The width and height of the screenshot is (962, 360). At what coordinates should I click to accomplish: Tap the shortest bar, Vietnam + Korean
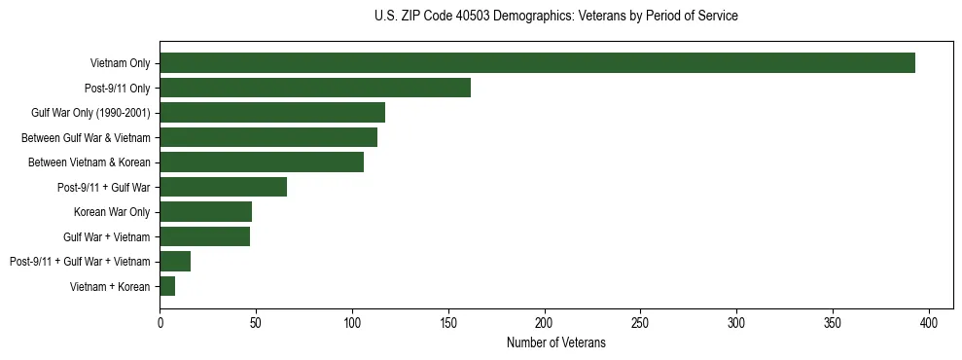coord(167,286)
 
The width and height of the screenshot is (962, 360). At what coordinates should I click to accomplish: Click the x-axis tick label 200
coord(545,322)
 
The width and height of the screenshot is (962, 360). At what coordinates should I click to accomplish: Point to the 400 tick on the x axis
coord(929,322)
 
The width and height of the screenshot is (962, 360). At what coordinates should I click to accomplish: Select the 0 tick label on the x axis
coord(160,322)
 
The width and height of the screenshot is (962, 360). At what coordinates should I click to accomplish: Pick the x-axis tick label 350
coord(833,322)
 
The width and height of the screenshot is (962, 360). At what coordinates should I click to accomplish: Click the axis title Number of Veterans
coord(555,342)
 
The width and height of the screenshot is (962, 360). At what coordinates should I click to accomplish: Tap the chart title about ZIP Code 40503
coord(555,17)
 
